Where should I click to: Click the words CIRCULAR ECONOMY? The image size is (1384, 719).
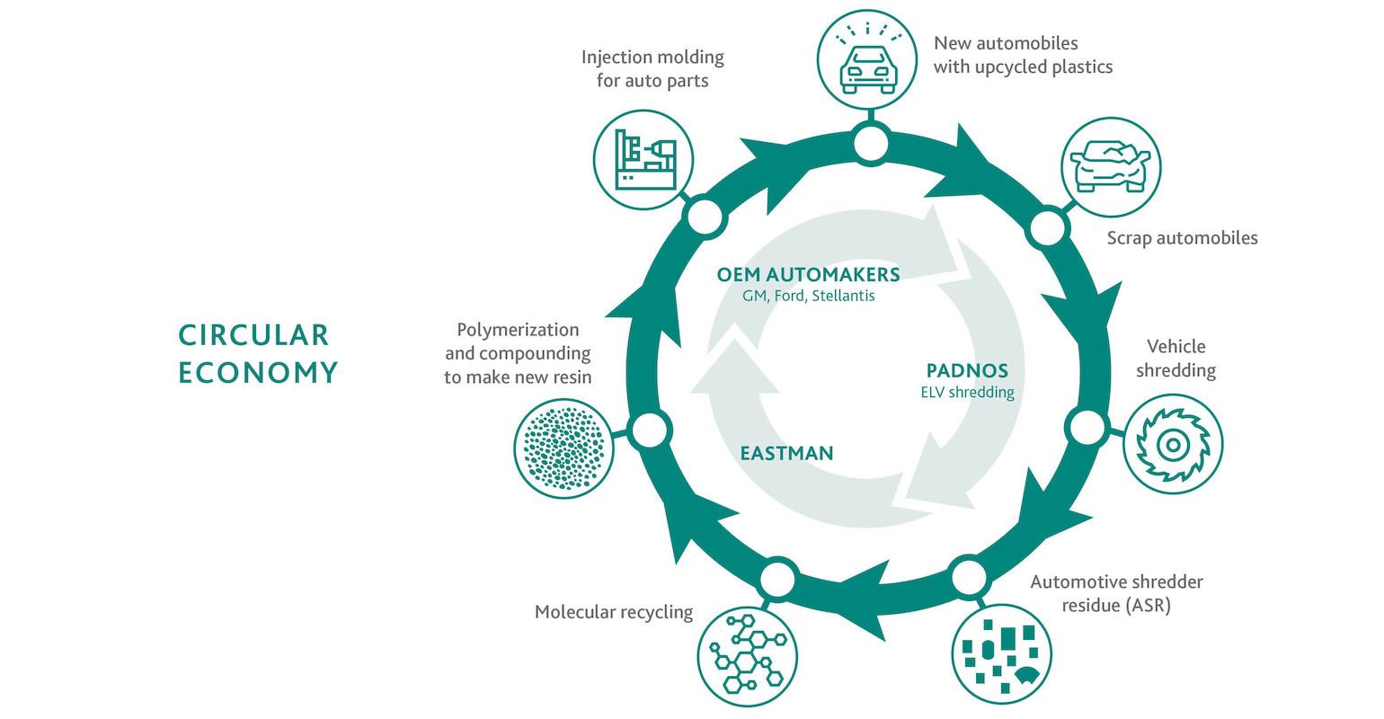click(x=257, y=353)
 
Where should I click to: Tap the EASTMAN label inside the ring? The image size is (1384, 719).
click(x=786, y=453)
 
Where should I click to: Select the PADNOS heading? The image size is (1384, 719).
click(x=967, y=370)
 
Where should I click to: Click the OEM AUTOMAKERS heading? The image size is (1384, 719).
click(x=808, y=274)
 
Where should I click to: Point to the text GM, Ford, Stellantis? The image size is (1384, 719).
click(x=808, y=296)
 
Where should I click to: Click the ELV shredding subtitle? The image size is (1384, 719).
click(x=967, y=392)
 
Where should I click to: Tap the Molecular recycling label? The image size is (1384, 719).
click(x=614, y=612)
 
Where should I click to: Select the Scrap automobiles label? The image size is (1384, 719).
click(x=1182, y=238)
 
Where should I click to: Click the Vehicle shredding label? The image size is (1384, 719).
click(x=1176, y=359)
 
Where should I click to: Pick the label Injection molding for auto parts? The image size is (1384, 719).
click(x=652, y=69)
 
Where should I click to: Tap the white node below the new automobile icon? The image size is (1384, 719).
click(x=870, y=144)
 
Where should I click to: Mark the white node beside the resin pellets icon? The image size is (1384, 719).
click(x=649, y=431)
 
